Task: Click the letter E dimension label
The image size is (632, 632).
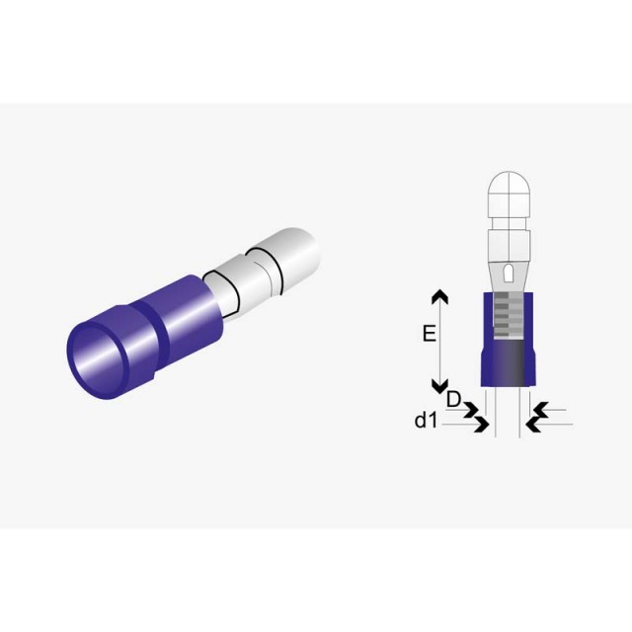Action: coord(430,334)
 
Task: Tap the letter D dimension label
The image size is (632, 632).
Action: coord(453,399)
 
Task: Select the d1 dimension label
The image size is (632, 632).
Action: coord(426,421)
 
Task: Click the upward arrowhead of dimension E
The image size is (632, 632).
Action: coord(439,296)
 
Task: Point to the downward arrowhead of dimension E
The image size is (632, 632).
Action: coord(439,386)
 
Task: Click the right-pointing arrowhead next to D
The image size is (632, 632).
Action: coord(472,410)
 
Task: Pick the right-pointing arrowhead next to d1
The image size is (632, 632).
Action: coord(482,425)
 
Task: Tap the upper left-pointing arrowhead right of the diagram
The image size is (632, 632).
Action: coord(540,410)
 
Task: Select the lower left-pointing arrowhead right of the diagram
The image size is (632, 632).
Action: coord(534,425)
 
